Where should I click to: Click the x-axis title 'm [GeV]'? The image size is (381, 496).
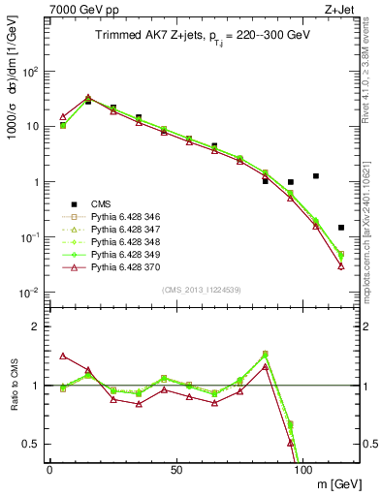(x=332, y=483)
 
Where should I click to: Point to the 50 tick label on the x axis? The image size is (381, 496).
(x=176, y=470)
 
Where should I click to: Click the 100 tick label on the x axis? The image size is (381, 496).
(x=302, y=470)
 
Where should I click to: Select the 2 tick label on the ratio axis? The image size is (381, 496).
(x=36, y=326)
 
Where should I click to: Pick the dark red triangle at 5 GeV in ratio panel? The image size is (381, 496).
(x=63, y=356)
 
